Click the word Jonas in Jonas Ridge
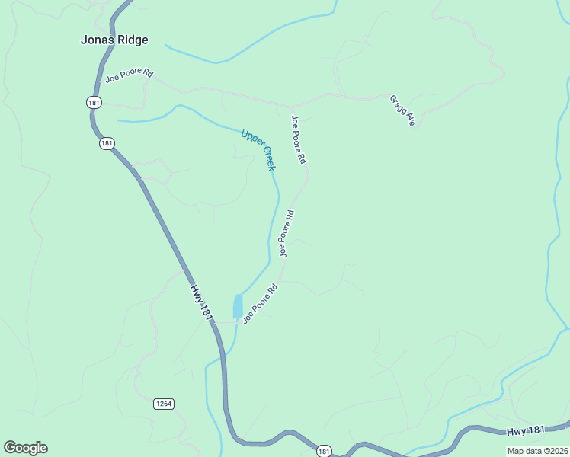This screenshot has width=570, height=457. click(96, 40)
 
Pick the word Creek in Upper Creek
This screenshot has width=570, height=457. click(268, 159)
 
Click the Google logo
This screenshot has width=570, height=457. click(25, 448)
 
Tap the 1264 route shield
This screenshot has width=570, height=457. click(163, 404)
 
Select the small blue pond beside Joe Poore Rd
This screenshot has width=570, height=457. click(238, 305)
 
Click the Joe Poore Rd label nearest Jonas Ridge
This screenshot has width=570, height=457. click(130, 77)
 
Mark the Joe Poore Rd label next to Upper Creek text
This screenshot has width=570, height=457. click(298, 139)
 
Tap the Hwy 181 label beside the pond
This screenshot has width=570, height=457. click(200, 302)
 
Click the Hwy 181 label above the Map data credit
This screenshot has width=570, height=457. click(526, 431)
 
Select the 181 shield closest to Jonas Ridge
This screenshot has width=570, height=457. click(93, 102)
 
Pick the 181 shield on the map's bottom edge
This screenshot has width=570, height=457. click(325, 451)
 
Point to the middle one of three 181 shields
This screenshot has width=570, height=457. click(106, 143)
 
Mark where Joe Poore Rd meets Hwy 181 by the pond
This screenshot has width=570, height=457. click(215, 323)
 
